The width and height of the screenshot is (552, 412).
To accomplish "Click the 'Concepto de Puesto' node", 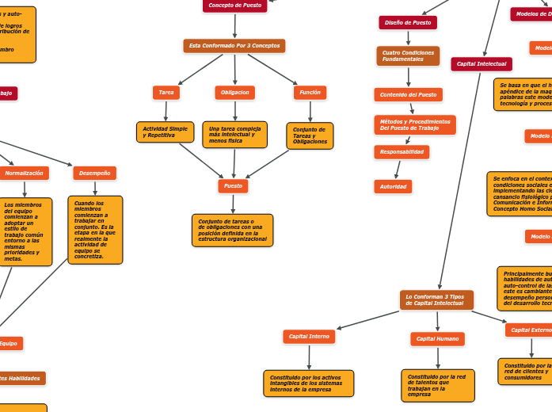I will click(x=234, y=6).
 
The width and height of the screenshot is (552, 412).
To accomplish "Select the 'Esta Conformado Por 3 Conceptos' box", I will click(x=234, y=46).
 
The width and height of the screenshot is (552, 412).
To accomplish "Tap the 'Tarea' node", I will click(x=166, y=93).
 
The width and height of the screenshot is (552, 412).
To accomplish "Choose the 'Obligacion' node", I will click(x=234, y=93).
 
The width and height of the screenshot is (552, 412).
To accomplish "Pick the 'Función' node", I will click(x=310, y=93).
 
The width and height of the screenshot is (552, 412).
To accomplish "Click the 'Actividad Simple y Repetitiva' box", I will click(x=165, y=132).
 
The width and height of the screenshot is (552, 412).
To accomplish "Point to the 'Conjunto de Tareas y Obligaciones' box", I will click(x=310, y=135).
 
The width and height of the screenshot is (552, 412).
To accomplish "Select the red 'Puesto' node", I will click(x=233, y=186).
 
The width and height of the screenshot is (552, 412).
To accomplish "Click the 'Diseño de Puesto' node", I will click(x=408, y=23).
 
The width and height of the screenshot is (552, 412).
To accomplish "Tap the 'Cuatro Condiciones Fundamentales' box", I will click(x=408, y=56).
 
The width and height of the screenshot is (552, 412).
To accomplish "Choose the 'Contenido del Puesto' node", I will click(x=408, y=95).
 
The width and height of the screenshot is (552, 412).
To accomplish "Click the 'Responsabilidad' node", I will click(x=402, y=152).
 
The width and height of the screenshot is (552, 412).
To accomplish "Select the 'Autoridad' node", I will click(x=393, y=187).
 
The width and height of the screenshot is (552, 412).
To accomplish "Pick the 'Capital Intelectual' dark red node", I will click(x=482, y=64).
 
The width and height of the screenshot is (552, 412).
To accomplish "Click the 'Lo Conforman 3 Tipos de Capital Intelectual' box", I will click(x=436, y=300).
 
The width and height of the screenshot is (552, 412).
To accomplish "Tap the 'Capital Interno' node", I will click(x=309, y=337).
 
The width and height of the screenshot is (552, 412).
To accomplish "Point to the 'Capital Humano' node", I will click(x=437, y=339).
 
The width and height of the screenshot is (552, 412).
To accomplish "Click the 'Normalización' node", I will click(x=24, y=173).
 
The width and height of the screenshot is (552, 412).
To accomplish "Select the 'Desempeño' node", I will click(x=95, y=173).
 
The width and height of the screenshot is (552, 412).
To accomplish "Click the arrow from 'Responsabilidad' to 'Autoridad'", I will click(x=398, y=170).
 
